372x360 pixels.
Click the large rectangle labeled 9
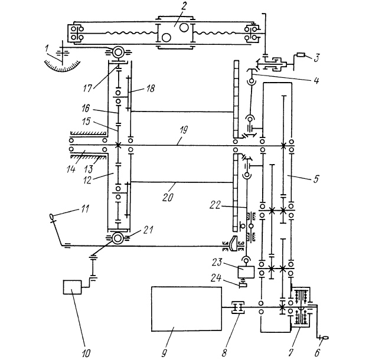[x=187, y=309]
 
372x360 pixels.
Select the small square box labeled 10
[x=73, y=287]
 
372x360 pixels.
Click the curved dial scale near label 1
[x=62, y=67]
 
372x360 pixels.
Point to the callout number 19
[x=184, y=130]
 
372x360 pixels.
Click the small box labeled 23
[x=246, y=272]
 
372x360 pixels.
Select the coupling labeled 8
[x=238, y=307]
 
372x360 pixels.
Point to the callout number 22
[x=215, y=205]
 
